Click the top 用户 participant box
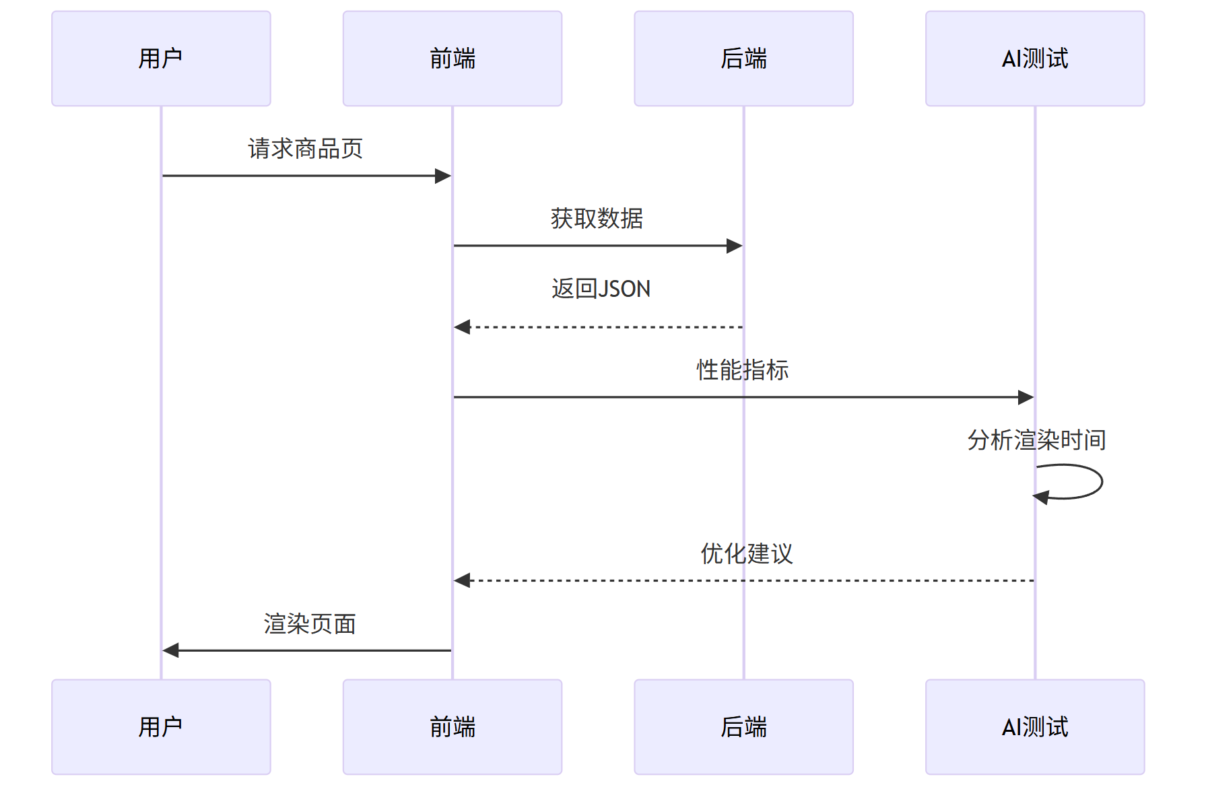(161, 59)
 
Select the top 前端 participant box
(452, 59)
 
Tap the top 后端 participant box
(743, 59)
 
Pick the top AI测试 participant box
(1034, 59)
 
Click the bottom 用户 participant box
(161, 726)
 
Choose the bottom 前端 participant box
(452, 726)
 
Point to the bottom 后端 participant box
(743, 726)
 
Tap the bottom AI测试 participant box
(1034, 726)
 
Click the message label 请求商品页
(305, 149)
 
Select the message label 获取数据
(597, 219)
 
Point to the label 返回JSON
(601, 289)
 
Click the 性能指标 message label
(742, 370)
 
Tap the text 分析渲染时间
(1036, 440)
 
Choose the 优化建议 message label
(746, 554)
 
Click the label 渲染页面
(309, 624)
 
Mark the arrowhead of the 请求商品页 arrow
(443, 176)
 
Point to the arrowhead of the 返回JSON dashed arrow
(462, 327)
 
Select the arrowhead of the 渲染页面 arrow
(171, 650)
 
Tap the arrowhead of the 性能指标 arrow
(1026, 397)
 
